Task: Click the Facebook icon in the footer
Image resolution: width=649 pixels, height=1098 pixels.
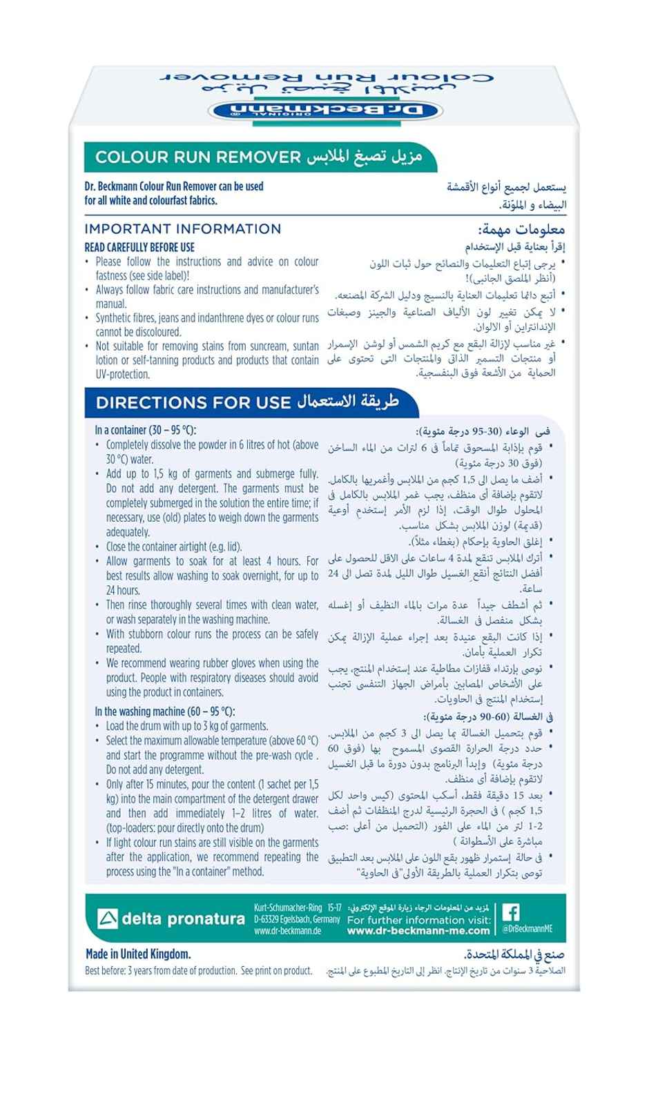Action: [x=511, y=912]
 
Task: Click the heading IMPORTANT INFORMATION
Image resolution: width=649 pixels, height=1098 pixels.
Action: [x=183, y=229]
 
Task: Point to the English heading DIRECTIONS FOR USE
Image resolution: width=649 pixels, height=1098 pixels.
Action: [x=193, y=402]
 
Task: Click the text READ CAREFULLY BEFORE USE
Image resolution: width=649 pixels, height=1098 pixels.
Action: [x=139, y=247]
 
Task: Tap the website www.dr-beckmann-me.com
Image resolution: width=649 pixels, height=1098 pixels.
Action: [x=418, y=930]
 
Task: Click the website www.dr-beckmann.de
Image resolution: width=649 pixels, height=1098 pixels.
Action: [x=288, y=930]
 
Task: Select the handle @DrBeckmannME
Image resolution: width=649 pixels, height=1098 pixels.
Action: [x=527, y=929]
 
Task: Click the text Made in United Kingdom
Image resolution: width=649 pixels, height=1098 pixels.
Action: [x=138, y=954]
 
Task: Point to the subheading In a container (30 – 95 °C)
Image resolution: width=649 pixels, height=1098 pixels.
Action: [x=146, y=430]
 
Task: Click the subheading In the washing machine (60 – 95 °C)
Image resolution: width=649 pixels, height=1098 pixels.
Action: [x=165, y=712]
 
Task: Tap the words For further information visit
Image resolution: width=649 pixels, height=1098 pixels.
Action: [x=419, y=920]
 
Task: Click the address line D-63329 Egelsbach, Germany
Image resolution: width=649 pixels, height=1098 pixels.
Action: [x=297, y=919]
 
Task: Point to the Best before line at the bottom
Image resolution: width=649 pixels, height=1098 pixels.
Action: [x=199, y=970]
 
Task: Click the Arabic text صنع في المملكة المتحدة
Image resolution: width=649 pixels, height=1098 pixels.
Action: [x=516, y=955]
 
